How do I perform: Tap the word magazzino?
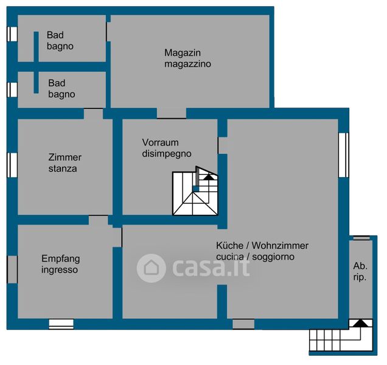187,63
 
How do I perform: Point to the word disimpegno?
167,153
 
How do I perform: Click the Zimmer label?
64,157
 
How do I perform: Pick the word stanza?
63,168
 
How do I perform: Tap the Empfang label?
60,259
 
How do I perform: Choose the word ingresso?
60,269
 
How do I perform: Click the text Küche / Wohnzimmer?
262,246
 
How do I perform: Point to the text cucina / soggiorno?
255,257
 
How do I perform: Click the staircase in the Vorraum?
194,194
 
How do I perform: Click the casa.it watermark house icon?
151,268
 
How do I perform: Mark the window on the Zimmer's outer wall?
12,165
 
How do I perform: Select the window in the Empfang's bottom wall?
61,324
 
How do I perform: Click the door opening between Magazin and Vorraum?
171,113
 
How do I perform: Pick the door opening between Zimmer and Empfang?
99,220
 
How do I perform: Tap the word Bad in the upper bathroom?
55,35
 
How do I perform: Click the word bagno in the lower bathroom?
61,94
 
